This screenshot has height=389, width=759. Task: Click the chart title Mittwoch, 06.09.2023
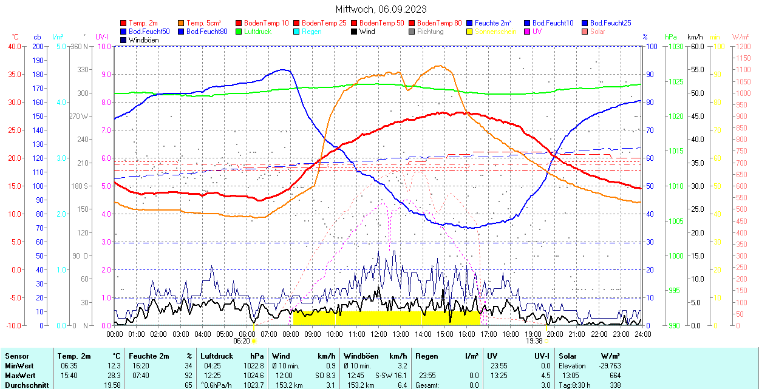pos(381,9)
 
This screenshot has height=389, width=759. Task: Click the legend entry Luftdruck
pos(258,32)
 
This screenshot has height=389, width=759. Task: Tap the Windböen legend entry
pos(143,40)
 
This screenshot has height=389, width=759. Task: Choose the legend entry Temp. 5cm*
pos(204,23)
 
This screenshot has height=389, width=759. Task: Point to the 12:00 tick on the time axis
pos(379,334)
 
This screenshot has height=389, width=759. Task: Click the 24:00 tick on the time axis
pos(642,334)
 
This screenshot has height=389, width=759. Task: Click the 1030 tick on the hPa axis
pos(674,47)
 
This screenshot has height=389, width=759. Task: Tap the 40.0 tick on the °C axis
pos(14,47)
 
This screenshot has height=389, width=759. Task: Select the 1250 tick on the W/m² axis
pos(743,47)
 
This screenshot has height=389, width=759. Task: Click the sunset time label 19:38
pos(534,341)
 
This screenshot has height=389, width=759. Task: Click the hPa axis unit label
pos(670,37)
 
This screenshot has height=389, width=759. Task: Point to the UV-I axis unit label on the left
pos(101,37)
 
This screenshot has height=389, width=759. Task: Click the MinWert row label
pos(19,366)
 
